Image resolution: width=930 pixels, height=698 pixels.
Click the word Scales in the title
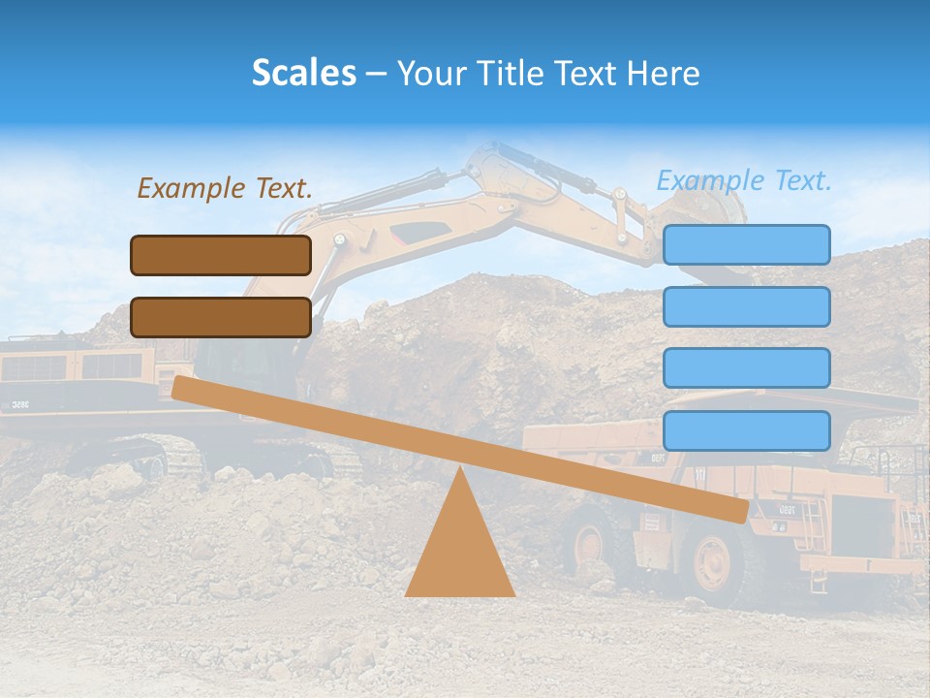click(x=303, y=73)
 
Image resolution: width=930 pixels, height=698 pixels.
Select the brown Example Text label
click(x=225, y=188)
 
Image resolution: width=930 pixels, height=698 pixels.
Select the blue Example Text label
click(x=744, y=180)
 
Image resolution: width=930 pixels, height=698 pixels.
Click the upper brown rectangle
click(x=221, y=255)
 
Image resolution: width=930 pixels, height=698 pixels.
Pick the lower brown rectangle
click(x=221, y=317)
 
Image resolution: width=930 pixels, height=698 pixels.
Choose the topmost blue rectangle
click(x=746, y=244)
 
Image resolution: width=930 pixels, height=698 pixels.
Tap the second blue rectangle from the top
click(x=746, y=306)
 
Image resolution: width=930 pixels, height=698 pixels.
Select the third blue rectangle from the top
click(x=746, y=368)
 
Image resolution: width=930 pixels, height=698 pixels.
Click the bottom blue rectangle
click(x=746, y=430)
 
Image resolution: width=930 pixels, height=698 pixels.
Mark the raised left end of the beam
click(x=184, y=388)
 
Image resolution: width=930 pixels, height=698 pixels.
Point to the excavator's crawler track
click(x=145, y=456)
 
